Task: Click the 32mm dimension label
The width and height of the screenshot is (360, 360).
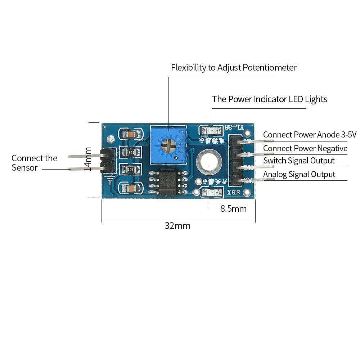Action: [177, 226]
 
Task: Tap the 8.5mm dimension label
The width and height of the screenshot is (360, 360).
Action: [233, 209]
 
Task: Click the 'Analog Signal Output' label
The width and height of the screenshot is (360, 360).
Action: [299, 174]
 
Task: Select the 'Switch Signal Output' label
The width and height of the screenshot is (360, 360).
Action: [299, 161]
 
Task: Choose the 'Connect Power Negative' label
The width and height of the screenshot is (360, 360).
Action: [305, 148]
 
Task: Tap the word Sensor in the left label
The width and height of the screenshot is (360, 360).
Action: [24, 167]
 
